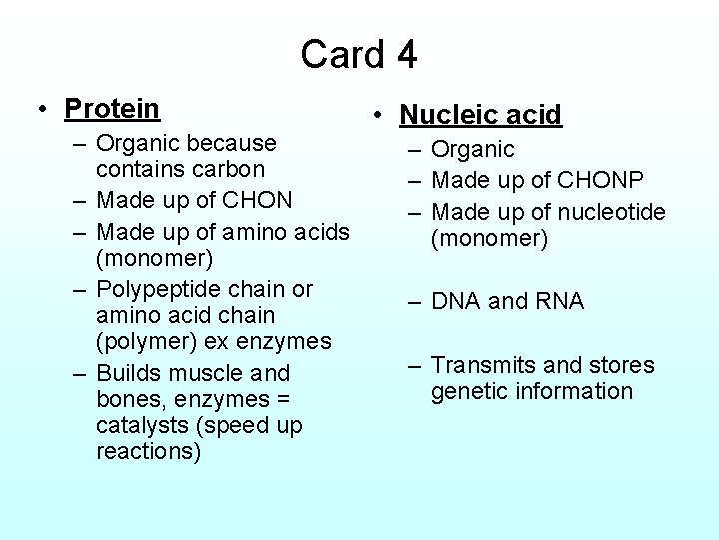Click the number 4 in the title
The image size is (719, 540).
[404, 54]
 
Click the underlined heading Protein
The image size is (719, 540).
[112, 108]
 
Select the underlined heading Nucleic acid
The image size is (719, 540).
[481, 115]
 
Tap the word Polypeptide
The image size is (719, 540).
[155, 289]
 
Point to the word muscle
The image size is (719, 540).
[205, 373]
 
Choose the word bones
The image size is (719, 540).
[129, 399]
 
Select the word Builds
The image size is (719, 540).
[128, 373]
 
